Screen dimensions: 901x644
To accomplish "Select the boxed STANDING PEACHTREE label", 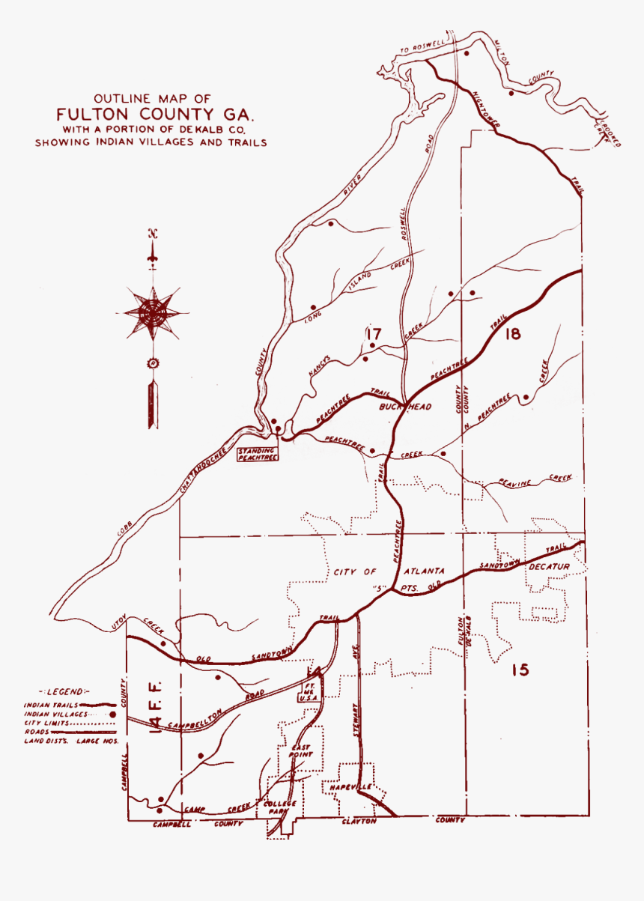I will (x=257, y=454).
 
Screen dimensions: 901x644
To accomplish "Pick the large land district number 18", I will (x=512, y=334).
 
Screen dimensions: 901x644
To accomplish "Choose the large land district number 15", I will (x=520, y=669).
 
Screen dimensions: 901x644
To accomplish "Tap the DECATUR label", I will (x=550, y=566).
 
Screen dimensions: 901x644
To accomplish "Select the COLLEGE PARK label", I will (x=281, y=807).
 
